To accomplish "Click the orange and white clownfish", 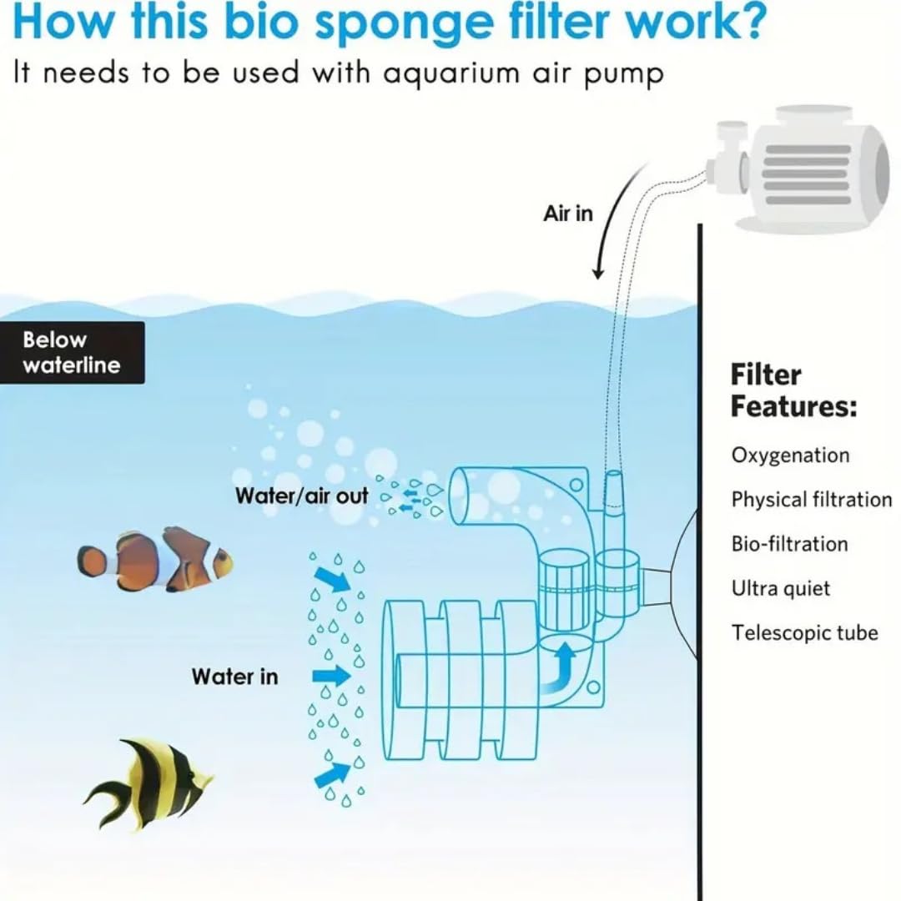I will (154, 559).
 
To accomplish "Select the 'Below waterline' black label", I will (72, 353).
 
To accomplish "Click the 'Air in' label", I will (567, 214).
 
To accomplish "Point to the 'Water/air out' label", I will (301, 496).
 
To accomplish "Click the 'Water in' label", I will (234, 676).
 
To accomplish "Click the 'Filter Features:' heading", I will (793, 390).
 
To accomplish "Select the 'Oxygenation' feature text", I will (790, 456).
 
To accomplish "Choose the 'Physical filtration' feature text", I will (811, 500).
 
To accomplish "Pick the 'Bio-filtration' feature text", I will (789, 544).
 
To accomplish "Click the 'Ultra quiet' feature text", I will (781, 588).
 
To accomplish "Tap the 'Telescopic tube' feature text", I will (804, 632).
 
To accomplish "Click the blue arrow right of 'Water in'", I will (331, 675).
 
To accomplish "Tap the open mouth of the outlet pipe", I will (460, 496).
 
